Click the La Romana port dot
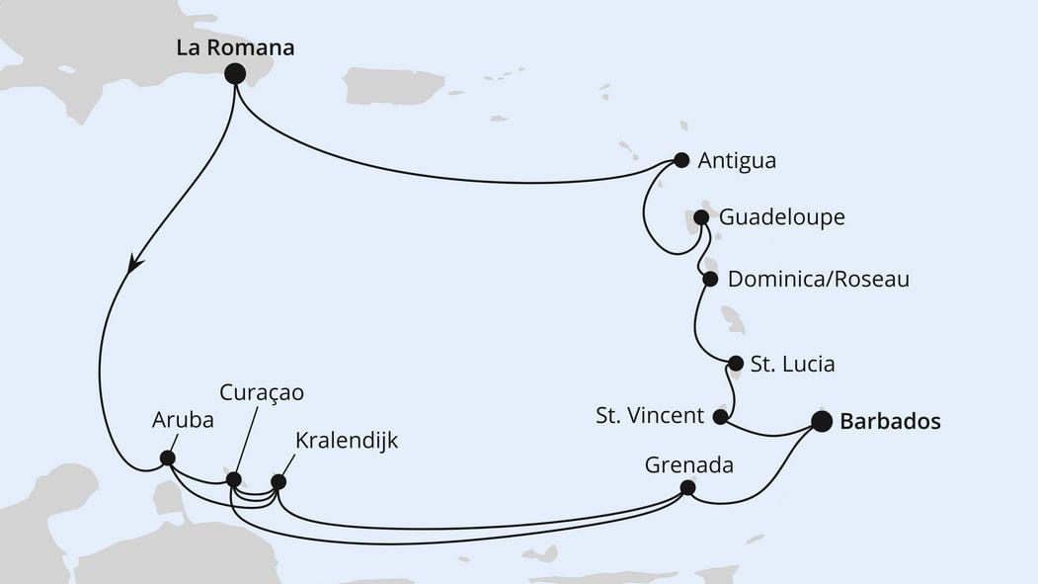[235, 73]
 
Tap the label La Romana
[235, 46]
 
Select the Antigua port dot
[680, 158]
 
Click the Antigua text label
[737, 160]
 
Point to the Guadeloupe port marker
[700, 217]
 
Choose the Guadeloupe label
[782, 217]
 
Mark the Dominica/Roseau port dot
[709, 280]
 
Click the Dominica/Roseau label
[819, 280]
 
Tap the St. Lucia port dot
[735, 364]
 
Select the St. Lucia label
[792, 364]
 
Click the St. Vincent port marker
[721, 416]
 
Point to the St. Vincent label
[650, 415]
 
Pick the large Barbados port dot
[821, 422]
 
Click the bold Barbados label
[890, 422]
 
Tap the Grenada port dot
[688, 487]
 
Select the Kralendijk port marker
[279, 482]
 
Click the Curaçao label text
[262, 392]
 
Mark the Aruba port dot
[168, 458]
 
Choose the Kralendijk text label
[346, 440]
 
